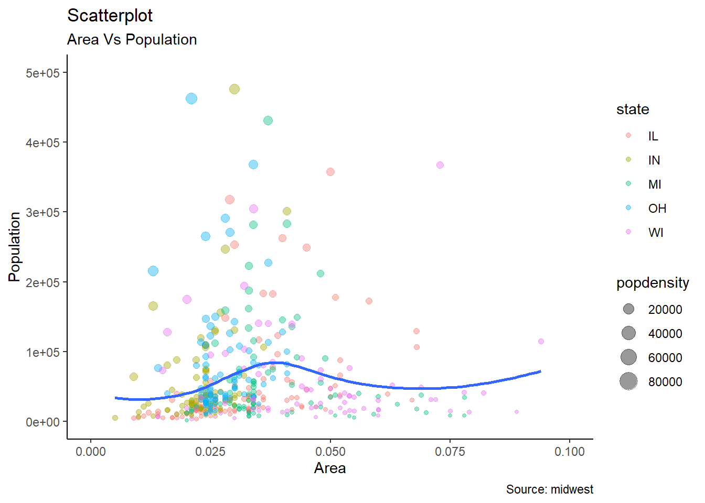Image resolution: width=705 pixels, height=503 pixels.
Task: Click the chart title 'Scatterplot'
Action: tap(110, 16)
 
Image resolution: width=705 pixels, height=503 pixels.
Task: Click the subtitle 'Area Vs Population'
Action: tap(132, 40)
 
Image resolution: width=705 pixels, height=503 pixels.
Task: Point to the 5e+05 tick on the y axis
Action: tap(42, 73)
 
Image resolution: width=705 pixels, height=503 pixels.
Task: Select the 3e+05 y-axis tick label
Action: tap(42, 213)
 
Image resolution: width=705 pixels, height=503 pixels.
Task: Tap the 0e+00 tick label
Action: tap(42, 422)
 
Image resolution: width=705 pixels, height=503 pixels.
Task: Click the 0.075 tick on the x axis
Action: tap(450, 452)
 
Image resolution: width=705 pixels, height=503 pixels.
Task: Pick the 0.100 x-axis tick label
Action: tap(569, 452)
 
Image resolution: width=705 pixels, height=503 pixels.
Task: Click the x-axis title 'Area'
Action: tap(329, 468)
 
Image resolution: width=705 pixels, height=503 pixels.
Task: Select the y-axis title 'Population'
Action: tap(15, 247)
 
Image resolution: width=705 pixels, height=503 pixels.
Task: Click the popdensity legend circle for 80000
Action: tap(628, 381)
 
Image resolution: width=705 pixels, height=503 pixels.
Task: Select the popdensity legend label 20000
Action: tap(665, 310)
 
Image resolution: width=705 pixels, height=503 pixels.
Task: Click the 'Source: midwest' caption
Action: tap(549, 489)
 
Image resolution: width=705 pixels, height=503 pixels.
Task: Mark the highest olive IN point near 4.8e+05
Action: tap(234, 89)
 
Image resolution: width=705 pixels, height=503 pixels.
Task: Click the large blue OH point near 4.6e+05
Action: tap(191, 99)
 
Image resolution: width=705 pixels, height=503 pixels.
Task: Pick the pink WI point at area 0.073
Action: tap(440, 165)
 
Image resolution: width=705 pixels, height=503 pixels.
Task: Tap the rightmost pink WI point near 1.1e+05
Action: tap(541, 342)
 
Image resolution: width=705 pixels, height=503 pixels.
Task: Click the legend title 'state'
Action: tap(633, 110)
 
